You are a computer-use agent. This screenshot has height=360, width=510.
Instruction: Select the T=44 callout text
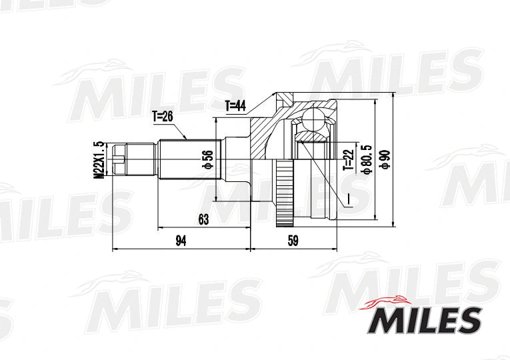(x=236, y=105)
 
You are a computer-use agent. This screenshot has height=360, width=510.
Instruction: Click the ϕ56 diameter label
(x=207, y=159)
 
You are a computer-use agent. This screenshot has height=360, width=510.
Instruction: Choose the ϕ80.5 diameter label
(x=366, y=160)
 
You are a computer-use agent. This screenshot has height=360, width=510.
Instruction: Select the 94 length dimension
(x=181, y=241)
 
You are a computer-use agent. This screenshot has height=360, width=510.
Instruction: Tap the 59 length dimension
(x=292, y=241)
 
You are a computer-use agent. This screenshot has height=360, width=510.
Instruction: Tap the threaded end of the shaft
(x=119, y=159)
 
